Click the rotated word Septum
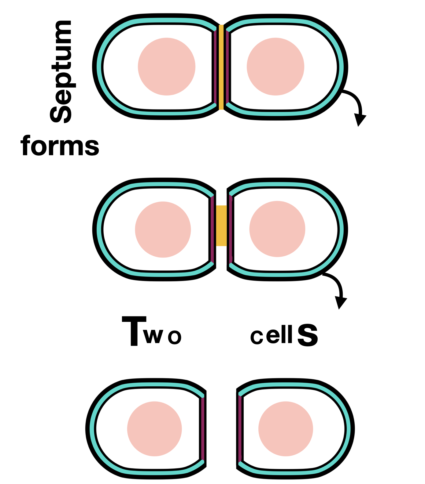(x=61, y=72)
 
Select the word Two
(x=152, y=331)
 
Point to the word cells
(x=284, y=335)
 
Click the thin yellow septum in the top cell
(x=221, y=67)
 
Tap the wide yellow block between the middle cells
(x=221, y=226)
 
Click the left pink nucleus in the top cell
(x=167, y=67)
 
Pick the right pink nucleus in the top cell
(x=275, y=67)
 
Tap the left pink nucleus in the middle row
(x=163, y=229)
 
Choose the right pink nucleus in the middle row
(x=277, y=229)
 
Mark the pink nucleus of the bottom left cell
(x=154, y=429)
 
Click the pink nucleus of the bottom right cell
(x=286, y=429)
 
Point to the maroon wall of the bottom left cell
(x=203, y=429)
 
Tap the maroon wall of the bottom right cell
(x=240, y=429)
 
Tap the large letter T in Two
(x=134, y=331)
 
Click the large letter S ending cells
(x=308, y=335)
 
